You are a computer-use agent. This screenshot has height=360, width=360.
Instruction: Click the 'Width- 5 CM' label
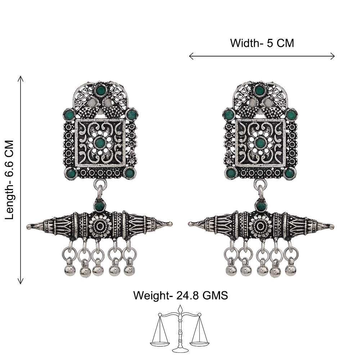tap(262, 43)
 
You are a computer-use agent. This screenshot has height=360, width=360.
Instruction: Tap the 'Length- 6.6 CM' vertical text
tap(10, 180)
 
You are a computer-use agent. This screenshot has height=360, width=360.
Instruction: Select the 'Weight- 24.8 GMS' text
tap(180, 295)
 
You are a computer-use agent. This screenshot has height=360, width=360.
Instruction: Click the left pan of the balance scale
tap(160, 344)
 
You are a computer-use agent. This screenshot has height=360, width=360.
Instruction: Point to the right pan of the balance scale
tap(199, 344)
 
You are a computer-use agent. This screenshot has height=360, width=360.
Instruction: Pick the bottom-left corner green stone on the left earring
tap(70, 173)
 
